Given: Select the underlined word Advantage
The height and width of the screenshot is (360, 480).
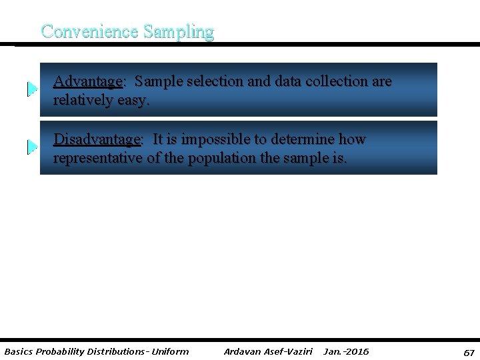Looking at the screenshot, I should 87,81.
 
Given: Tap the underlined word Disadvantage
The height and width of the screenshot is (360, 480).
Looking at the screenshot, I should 97,139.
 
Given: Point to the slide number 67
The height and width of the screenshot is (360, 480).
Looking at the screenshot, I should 469,352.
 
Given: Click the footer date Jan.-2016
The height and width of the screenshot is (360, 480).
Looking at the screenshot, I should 346,351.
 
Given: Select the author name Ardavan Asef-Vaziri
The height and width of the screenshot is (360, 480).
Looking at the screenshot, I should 268,351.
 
